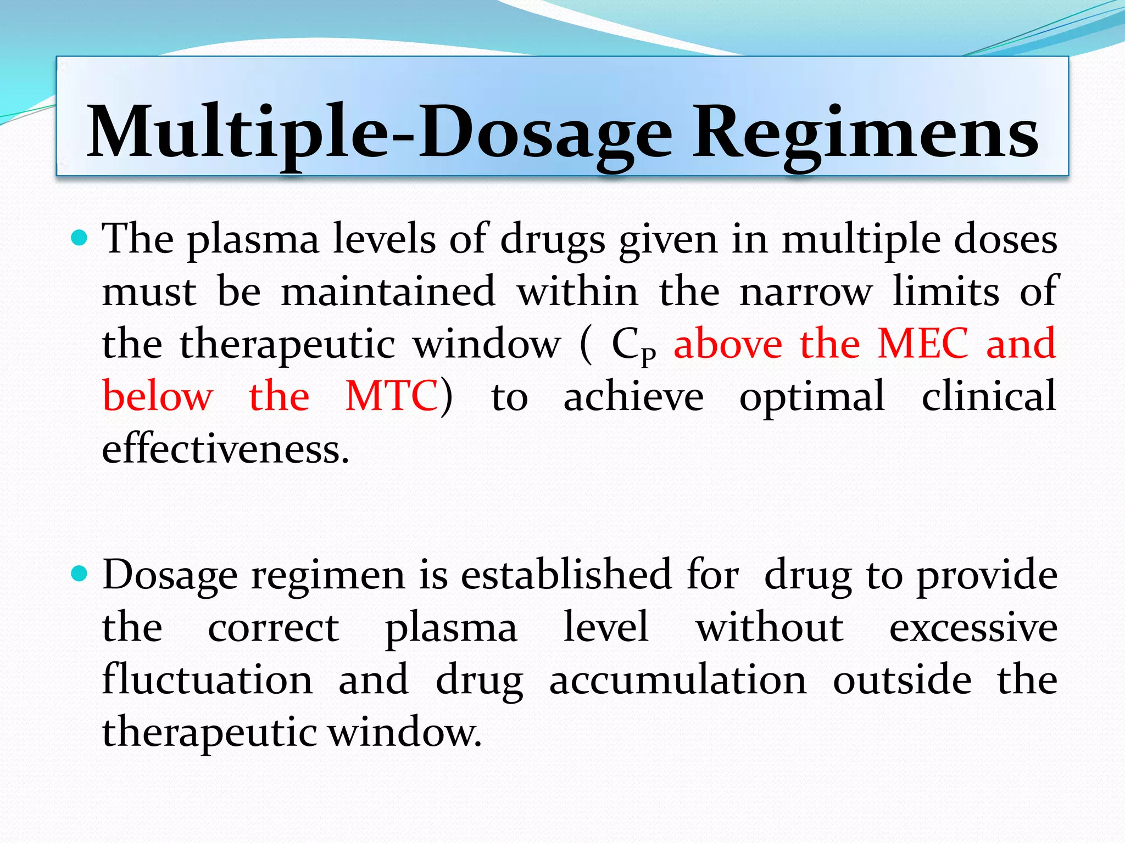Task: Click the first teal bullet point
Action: [x=80, y=238]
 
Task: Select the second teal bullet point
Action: [x=80, y=574]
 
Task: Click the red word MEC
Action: [x=922, y=344]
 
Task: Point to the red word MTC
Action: [x=391, y=396]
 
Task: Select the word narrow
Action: [x=806, y=291]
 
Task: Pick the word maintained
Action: [x=388, y=291]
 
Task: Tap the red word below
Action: [x=158, y=396]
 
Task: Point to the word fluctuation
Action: [x=208, y=679]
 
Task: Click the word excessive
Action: [x=973, y=628]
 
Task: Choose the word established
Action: [x=566, y=575]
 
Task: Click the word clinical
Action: [x=988, y=396]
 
